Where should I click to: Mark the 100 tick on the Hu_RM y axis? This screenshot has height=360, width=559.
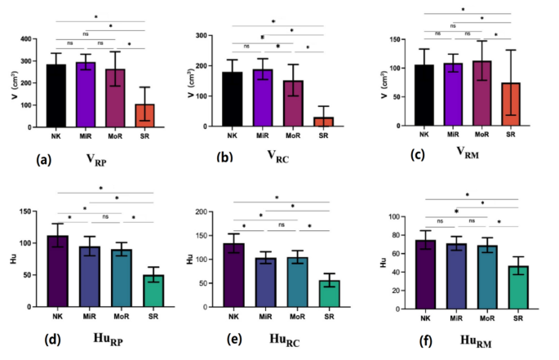(x=397, y=217)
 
